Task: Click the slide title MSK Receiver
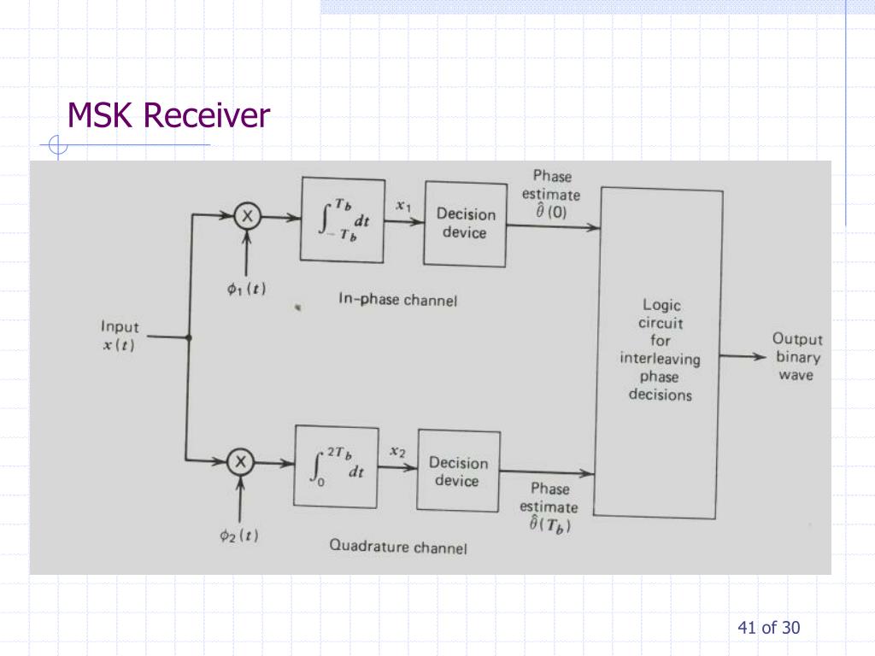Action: (168, 115)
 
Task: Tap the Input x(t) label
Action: (120, 336)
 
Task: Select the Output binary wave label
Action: (797, 356)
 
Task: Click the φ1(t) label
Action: (246, 289)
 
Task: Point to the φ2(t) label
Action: (239, 536)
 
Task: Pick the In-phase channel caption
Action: (398, 300)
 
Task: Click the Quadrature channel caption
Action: (398, 546)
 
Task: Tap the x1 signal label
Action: (403, 206)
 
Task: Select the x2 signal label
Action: (397, 452)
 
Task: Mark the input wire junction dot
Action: (189, 337)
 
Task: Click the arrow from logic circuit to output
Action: (743, 356)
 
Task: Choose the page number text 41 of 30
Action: (769, 628)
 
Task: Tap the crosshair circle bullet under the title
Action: (57, 145)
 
